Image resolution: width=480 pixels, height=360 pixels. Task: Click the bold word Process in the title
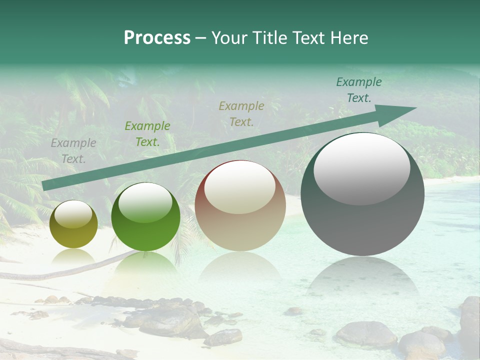[157, 38]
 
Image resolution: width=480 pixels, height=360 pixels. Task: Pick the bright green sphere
[145, 217]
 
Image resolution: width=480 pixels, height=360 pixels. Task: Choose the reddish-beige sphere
[240, 206]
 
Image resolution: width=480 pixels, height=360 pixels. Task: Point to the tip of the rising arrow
[415, 108]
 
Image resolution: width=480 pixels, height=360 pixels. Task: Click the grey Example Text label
[73, 151]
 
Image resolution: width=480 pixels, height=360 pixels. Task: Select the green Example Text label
[147, 134]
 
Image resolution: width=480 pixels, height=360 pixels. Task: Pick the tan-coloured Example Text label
[241, 113]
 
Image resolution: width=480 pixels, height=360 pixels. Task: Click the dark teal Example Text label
[358, 90]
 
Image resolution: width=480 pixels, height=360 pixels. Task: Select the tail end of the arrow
[45, 186]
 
